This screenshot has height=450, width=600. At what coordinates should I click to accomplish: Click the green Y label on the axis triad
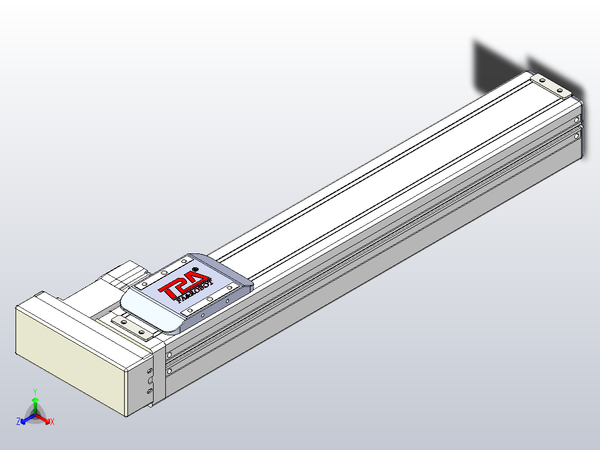click(35, 392)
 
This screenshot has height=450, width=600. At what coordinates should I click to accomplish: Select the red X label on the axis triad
click(52, 422)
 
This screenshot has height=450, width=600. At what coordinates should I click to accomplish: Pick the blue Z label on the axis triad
click(18, 422)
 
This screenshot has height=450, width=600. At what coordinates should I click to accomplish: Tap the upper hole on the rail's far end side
click(577, 119)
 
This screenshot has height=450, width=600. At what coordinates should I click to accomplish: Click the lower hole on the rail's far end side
click(577, 136)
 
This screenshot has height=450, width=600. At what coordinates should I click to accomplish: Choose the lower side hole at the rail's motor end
click(169, 371)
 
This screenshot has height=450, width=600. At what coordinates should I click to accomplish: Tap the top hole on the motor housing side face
click(149, 370)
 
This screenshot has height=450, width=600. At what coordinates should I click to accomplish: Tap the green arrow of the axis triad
click(35, 403)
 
